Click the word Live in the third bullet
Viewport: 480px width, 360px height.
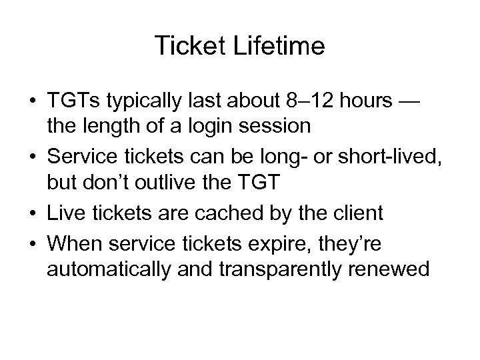[66, 213]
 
